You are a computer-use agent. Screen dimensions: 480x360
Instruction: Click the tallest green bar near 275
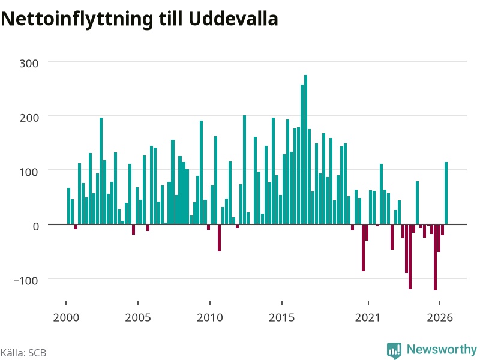pyautogui.click(x=305, y=149)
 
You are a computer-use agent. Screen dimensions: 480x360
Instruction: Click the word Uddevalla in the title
pyautogui.click(x=233, y=19)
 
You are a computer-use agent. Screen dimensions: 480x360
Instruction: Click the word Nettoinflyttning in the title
pyautogui.click(x=77, y=20)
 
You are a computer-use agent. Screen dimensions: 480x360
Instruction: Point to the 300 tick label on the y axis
pyautogui.click(x=29, y=64)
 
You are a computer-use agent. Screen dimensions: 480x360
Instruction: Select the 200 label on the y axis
pyautogui.click(x=29, y=118)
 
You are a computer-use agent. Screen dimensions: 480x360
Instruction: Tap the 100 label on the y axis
pyautogui.click(x=29, y=172)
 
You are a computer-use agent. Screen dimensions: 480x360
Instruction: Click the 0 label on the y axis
pyautogui.click(x=36, y=226)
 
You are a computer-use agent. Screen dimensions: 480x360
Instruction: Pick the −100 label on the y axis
pyautogui.click(x=26, y=280)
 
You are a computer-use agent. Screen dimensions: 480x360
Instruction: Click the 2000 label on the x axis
pyautogui.click(x=66, y=317)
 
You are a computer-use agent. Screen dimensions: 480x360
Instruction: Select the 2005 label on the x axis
pyautogui.click(x=138, y=317)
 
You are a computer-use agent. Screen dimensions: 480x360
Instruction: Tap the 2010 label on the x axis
pyautogui.click(x=210, y=317)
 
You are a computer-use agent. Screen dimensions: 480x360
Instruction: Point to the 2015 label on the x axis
pyautogui.click(x=282, y=317)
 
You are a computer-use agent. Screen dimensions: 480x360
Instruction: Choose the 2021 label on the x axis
pyautogui.click(x=368, y=317)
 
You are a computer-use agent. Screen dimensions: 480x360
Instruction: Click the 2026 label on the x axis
pyautogui.click(x=440, y=317)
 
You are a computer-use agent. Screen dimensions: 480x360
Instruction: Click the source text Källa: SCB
pyautogui.click(x=23, y=353)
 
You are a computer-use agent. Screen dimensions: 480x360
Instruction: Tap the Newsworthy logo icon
pyautogui.click(x=394, y=350)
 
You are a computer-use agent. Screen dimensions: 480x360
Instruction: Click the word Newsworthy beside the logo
pyautogui.click(x=442, y=349)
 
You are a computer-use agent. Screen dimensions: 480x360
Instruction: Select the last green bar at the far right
pyautogui.click(x=446, y=193)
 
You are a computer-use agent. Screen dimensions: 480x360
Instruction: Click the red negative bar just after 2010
pyautogui.click(x=219, y=238)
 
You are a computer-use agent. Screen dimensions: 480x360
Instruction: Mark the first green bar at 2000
pyautogui.click(x=68, y=206)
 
